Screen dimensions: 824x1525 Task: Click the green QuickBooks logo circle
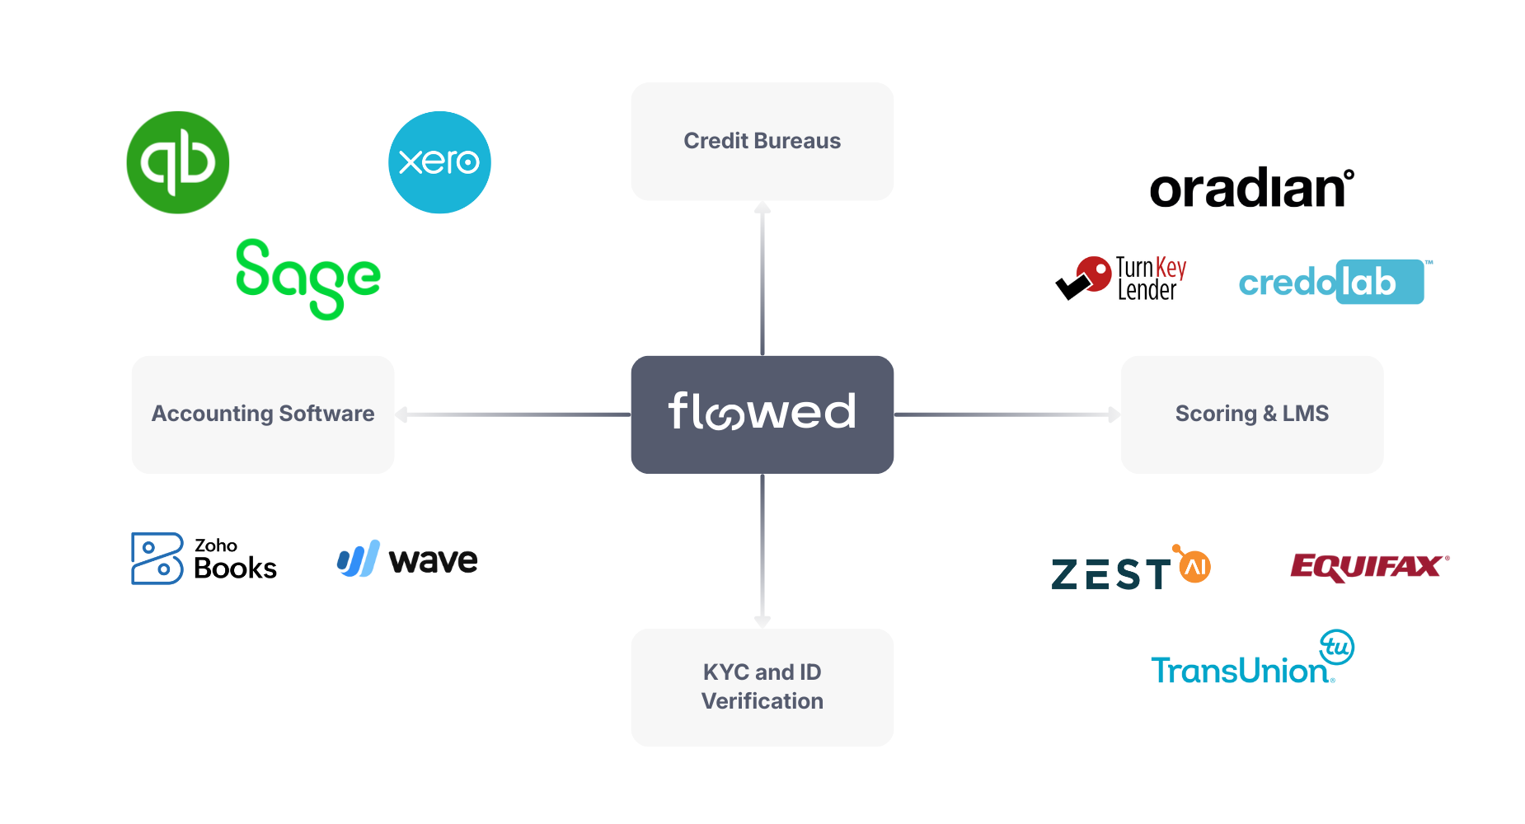pyautogui.click(x=177, y=162)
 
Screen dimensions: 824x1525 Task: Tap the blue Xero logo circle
pyautogui.click(x=439, y=162)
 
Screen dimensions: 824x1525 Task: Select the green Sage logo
pyautogui.click(x=307, y=278)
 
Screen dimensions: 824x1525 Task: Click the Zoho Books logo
pyautogui.click(x=204, y=559)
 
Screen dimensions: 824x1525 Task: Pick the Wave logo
pyautogui.click(x=407, y=559)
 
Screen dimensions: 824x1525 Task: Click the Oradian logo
pyautogui.click(x=1250, y=189)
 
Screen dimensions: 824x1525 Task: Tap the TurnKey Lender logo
pyautogui.click(x=1121, y=279)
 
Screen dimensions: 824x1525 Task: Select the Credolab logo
pyautogui.click(x=1330, y=282)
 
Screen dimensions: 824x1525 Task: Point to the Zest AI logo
pyautogui.click(x=1130, y=569)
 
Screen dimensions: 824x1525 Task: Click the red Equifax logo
pyautogui.click(x=1368, y=566)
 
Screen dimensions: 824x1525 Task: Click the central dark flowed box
pyautogui.click(x=762, y=414)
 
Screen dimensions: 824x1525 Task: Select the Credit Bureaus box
pyautogui.click(x=762, y=141)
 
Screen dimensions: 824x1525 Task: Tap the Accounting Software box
pyautogui.click(x=263, y=414)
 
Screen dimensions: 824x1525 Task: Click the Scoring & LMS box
pyautogui.click(x=1251, y=414)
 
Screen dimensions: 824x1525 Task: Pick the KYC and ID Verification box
pyautogui.click(x=762, y=687)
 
